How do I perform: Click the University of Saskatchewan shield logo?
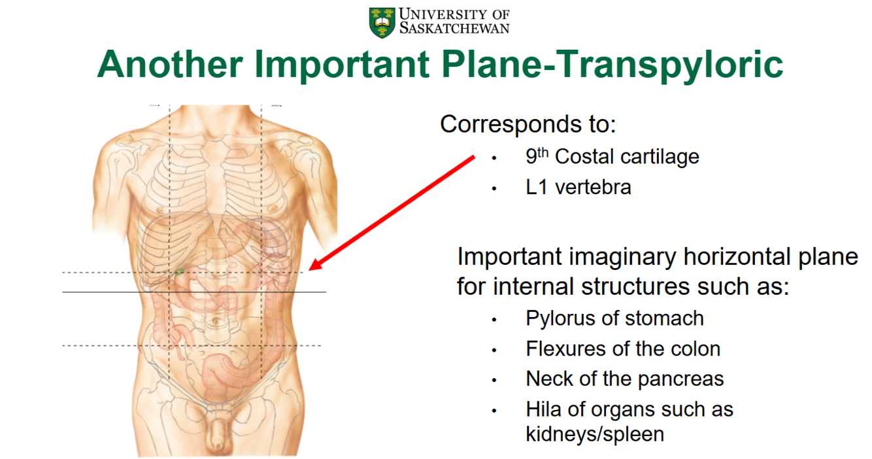(382, 22)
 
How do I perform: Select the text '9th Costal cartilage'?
(612, 157)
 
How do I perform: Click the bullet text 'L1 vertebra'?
(578, 188)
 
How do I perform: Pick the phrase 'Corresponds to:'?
(528, 124)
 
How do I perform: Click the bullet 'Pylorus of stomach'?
(614, 318)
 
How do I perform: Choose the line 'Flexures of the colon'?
(622, 349)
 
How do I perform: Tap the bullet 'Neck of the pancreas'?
(624, 379)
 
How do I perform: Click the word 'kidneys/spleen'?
(594, 434)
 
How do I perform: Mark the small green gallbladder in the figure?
(179, 271)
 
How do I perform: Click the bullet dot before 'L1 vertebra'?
(495, 188)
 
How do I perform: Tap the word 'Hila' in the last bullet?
(543, 410)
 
